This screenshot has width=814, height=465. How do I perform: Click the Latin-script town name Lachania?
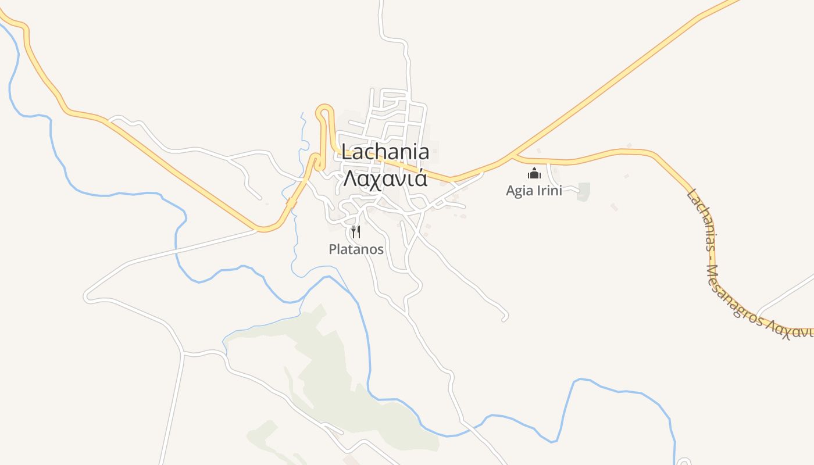click(385, 152)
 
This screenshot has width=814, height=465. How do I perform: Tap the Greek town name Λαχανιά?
click(385, 178)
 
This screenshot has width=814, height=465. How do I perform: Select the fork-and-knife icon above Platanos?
click(356, 232)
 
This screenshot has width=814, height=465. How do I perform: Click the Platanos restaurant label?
click(356, 249)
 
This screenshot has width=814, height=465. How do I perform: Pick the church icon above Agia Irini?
click(534, 173)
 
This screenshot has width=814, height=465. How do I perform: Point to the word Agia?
click(517, 191)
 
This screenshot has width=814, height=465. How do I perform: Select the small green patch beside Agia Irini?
click(583, 192)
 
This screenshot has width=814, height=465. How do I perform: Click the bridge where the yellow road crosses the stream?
click(291, 203)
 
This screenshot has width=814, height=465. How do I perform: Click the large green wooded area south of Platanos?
click(337, 372)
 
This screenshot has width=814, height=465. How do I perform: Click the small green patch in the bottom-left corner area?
click(262, 433)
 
